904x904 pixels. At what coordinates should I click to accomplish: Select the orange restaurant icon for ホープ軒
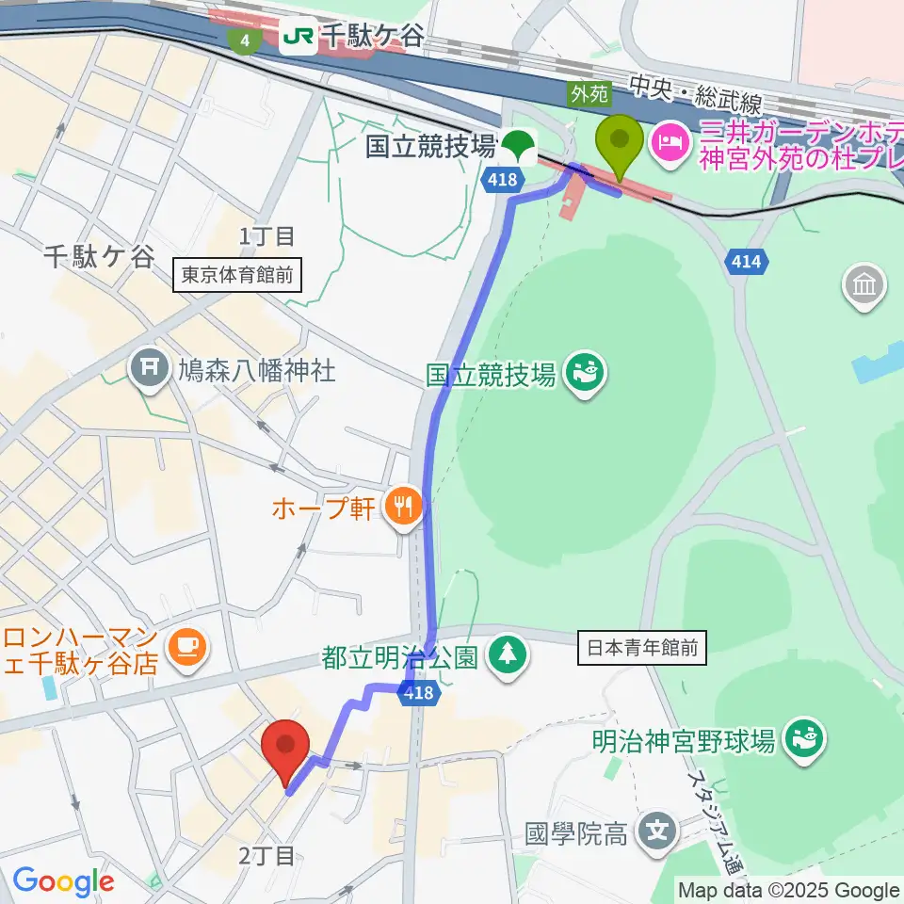click(403, 509)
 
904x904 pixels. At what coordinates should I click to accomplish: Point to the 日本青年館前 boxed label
click(641, 648)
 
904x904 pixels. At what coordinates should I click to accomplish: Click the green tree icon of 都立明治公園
click(508, 656)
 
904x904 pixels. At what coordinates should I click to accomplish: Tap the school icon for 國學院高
click(657, 831)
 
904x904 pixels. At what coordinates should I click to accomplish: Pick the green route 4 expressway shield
click(245, 40)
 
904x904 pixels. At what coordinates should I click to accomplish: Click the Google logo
click(62, 881)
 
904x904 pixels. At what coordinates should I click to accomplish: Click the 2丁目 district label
click(266, 855)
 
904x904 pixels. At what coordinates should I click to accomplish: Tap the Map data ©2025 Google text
click(789, 890)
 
